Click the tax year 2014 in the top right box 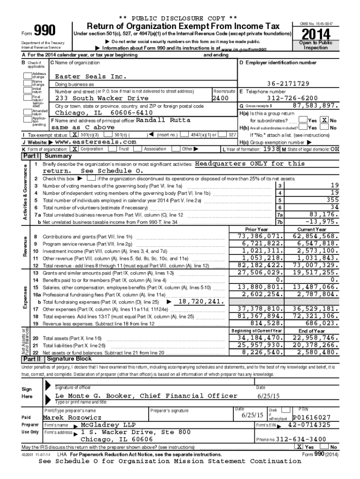click(316, 34)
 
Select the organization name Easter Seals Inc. click(87, 76)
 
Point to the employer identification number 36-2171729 click(288, 83)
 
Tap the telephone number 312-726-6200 click(292, 99)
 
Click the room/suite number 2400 click(221, 99)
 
